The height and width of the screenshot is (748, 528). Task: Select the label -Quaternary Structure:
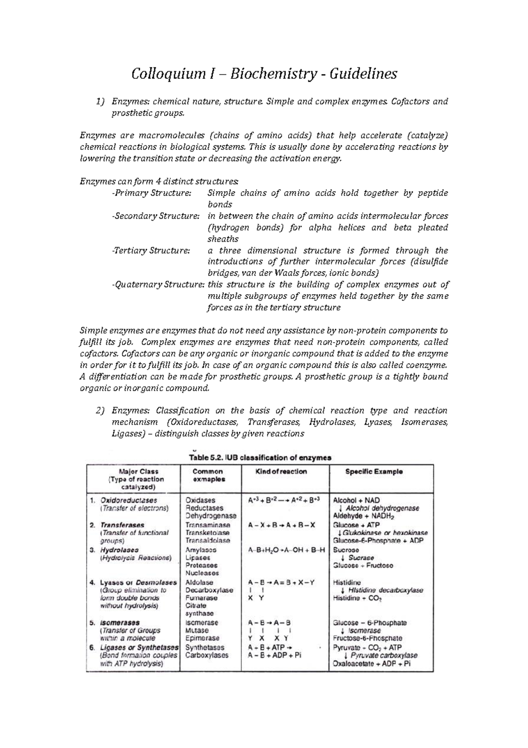point(158,285)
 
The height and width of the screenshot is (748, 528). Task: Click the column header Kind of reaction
point(281,471)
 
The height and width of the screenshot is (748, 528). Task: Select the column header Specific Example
point(374,471)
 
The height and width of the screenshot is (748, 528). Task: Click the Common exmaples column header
point(209,475)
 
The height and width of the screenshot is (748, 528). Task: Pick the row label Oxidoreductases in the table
point(128,500)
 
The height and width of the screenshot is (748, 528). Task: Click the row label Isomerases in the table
point(120,622)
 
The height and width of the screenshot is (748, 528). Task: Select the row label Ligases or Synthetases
point(139,648)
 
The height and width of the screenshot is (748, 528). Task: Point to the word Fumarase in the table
point(201,598)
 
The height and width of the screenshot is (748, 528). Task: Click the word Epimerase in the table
point(202,638)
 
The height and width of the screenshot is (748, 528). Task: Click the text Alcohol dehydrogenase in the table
point(382,508)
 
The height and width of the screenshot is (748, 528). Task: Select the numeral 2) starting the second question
point(100,411)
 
